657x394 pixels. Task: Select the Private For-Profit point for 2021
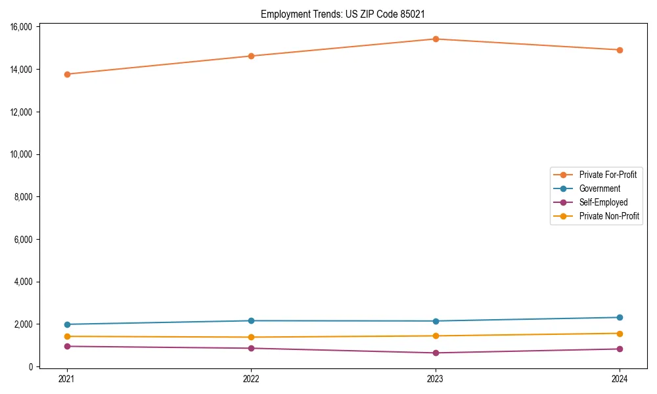click(x=66, y=74)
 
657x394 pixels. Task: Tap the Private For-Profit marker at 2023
click(x=435, y=39)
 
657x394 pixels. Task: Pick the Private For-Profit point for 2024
click(x=620, y=50)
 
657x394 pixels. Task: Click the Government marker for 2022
click(x=251, y=320)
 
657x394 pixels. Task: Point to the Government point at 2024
click(x=620, y=317)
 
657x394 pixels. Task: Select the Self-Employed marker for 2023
click(x=435, y=353)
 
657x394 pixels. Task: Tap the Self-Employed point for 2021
click(x=66, y=346)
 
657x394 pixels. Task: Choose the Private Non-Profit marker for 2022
click(x=251, y=337)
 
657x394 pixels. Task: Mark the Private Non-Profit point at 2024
click(x=620, y=333)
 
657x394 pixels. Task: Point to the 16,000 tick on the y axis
click(x=22, y=27)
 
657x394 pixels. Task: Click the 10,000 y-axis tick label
click(x=22, y=154)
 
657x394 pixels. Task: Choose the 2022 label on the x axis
click(x=251, y=378)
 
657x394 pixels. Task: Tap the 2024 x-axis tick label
click(x=620, y=378)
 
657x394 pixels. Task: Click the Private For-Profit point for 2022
click(x=251, y=56)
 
